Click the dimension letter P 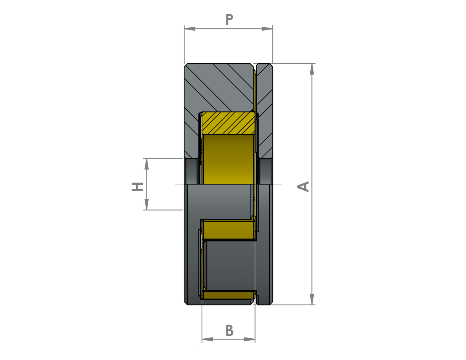click(x=229, y=20)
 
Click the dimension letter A click(x=303, y=186)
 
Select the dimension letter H click(x=137, y=186)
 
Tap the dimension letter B click(x=230, y=330)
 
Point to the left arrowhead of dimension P click(x=190, y=29)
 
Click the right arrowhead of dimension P click(x=267, y=29)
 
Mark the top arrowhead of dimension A click(x=312, y=69)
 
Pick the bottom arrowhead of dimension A click(x=312, y=299)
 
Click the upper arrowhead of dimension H click(x=147, y=164)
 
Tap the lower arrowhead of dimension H click(x=147, y=204)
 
